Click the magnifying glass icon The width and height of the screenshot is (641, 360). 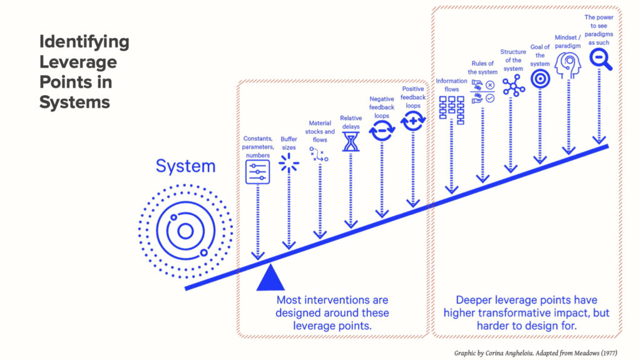tap(600, 59)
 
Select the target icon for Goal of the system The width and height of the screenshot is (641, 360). tap(540, 78)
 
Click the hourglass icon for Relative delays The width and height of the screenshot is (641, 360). tap(351, 142)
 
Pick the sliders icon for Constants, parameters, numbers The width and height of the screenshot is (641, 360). tap(257, 171)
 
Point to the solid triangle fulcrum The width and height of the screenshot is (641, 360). tap(270, 278)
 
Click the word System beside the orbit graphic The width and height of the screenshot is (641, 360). tap(185, 167)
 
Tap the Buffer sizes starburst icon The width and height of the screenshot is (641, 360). tap(289, 162)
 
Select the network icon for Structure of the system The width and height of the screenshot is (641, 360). tap(513, 85)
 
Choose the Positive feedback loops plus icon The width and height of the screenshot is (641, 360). tap(413, 121)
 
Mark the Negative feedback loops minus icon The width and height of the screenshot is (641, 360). tap(381, 130)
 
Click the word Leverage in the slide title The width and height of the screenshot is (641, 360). tap(78, 63)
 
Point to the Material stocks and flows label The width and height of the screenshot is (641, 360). tap(320, 131)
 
